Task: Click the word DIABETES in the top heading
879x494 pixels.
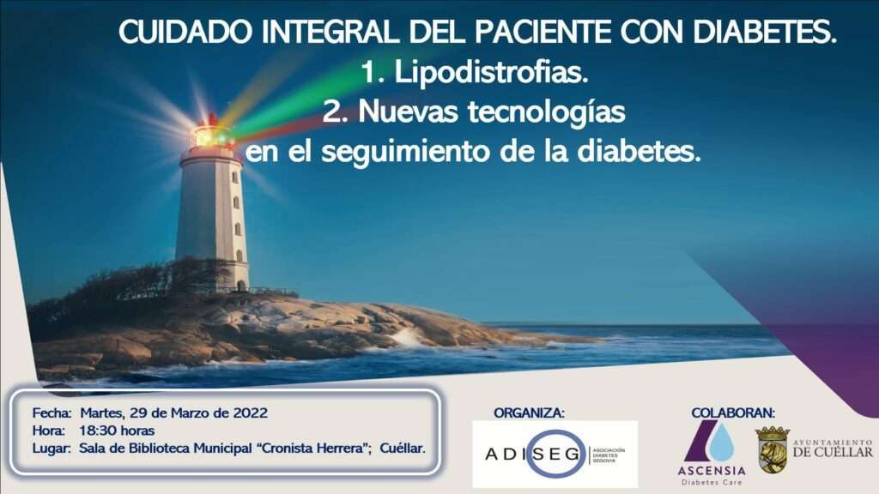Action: pos(765,32)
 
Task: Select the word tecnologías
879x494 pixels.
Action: pos(547,111)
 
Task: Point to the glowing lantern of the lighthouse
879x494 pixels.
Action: pos(212,136)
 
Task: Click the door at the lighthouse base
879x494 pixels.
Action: pos(240,285)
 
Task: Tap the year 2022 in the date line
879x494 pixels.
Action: pos(250,413)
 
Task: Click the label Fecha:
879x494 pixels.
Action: pos(52,413)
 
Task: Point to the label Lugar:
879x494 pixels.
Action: pos(52,448)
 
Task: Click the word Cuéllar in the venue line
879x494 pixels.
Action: pos(403,448)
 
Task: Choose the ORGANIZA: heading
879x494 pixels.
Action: pos(529,413)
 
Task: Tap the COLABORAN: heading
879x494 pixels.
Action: pos(733,413)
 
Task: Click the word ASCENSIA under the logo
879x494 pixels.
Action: pos(712,471)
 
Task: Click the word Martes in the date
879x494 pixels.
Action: pos(102,413)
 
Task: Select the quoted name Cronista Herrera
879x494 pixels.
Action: pos(314,448)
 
